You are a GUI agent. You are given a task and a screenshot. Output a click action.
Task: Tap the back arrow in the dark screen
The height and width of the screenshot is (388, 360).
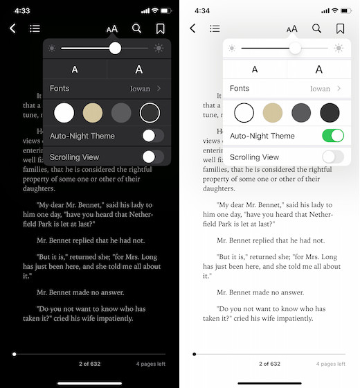click(x=12, y=28)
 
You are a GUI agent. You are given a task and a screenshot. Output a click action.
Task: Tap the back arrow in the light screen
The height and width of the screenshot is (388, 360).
click(x=192, y=28)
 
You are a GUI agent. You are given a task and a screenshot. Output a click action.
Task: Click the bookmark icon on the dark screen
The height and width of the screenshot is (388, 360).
click(x=160, y=28)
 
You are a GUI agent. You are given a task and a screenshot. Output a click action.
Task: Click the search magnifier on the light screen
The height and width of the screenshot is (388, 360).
click(x=316, y=28)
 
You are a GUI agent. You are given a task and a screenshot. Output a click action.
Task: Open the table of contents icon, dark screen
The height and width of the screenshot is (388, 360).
click(x=35, y=28)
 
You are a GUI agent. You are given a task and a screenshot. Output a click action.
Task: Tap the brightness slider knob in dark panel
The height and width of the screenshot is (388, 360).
click(x=115, y=48)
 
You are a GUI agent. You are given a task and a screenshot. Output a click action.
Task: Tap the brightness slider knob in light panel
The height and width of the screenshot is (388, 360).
click(x=295, y=48)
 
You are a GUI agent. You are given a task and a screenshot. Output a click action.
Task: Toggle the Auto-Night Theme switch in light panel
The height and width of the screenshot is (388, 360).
click(x=333, y=136)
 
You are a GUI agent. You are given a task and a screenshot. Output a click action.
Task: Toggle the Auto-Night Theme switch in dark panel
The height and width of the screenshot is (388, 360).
click(x=153, y=136)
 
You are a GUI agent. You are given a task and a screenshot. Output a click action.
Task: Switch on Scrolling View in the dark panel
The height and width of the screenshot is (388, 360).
click(x=153, y=157)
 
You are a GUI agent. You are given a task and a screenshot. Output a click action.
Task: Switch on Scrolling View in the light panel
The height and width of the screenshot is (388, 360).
click(x=333, y=157)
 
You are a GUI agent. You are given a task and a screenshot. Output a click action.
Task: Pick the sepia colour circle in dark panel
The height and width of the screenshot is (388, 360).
click(x=93, y=112)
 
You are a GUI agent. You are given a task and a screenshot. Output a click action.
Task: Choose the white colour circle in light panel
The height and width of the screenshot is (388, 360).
click(x=244, y=112)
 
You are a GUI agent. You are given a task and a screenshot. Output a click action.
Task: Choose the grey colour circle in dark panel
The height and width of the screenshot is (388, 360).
click(x=121, y=112)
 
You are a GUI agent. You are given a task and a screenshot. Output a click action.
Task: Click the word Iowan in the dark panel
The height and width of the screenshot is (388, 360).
click(x=141, y=89)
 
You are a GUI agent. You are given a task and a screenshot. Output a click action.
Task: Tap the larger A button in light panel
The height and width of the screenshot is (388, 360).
click(x=318, y=69)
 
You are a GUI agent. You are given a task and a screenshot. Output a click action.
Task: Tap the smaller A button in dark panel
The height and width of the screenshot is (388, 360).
click(x=75, y=69)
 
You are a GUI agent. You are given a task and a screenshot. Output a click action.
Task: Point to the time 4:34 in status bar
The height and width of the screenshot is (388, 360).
click(x=202, y=11)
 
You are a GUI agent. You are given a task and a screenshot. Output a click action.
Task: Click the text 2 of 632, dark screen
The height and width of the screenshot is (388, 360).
click(x=89, y=364)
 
